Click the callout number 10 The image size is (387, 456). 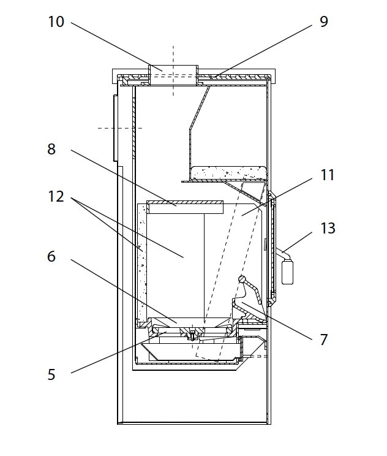[x=56, y=22]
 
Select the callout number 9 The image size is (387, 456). [x=324, y=22]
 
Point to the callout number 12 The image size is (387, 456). [x=56, y=197]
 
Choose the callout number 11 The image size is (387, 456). [x=328, y=175]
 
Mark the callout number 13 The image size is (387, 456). [x=328, y=228]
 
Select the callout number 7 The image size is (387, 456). [x=324, y=339]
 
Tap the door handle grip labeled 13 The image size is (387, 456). [x=286, y=271]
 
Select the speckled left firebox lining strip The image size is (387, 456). [x=142, y=257]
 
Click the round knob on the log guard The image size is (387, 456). [x=243, y=280]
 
